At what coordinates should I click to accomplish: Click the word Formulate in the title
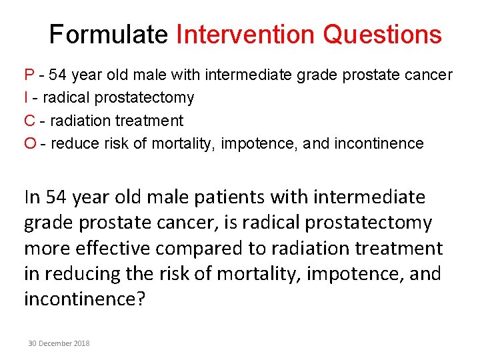click(109, 35)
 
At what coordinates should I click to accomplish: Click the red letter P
click(29, 75)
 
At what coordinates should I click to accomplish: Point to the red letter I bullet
click(26, 98)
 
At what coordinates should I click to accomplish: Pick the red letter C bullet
click(29, 121)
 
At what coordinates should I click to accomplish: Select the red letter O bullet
click(30, 143)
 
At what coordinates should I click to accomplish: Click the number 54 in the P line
click(57, 75)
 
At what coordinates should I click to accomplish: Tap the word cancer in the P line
click(429, 75)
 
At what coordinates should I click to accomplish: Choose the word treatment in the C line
click(149, 121)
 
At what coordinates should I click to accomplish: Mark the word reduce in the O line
click(74, 143)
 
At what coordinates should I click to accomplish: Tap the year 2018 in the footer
click(82, 343)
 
